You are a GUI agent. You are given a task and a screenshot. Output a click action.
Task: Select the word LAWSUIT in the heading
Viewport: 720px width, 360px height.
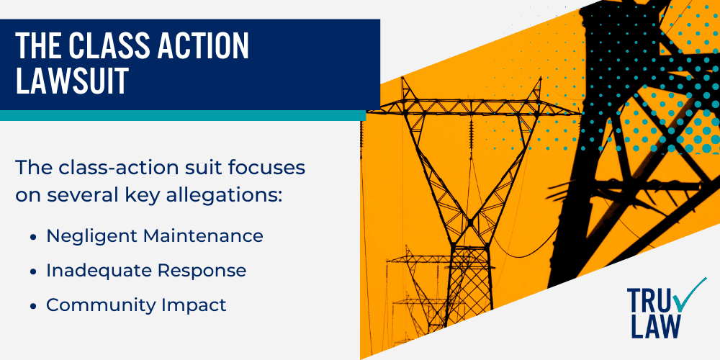(73, 81)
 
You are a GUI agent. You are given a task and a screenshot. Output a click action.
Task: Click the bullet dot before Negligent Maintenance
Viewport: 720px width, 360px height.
(33, 238)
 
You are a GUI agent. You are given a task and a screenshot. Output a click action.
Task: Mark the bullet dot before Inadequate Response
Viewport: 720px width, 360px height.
(33, 272)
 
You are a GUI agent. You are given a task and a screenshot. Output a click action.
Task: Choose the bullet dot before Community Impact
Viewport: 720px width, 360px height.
(33, 306)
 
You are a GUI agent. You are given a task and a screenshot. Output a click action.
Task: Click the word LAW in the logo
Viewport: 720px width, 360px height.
(655, 328)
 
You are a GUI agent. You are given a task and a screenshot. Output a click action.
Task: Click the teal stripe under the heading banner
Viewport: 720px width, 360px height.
(183, 115)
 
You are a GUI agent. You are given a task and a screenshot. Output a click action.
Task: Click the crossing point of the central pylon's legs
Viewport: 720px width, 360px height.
(469, 224)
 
